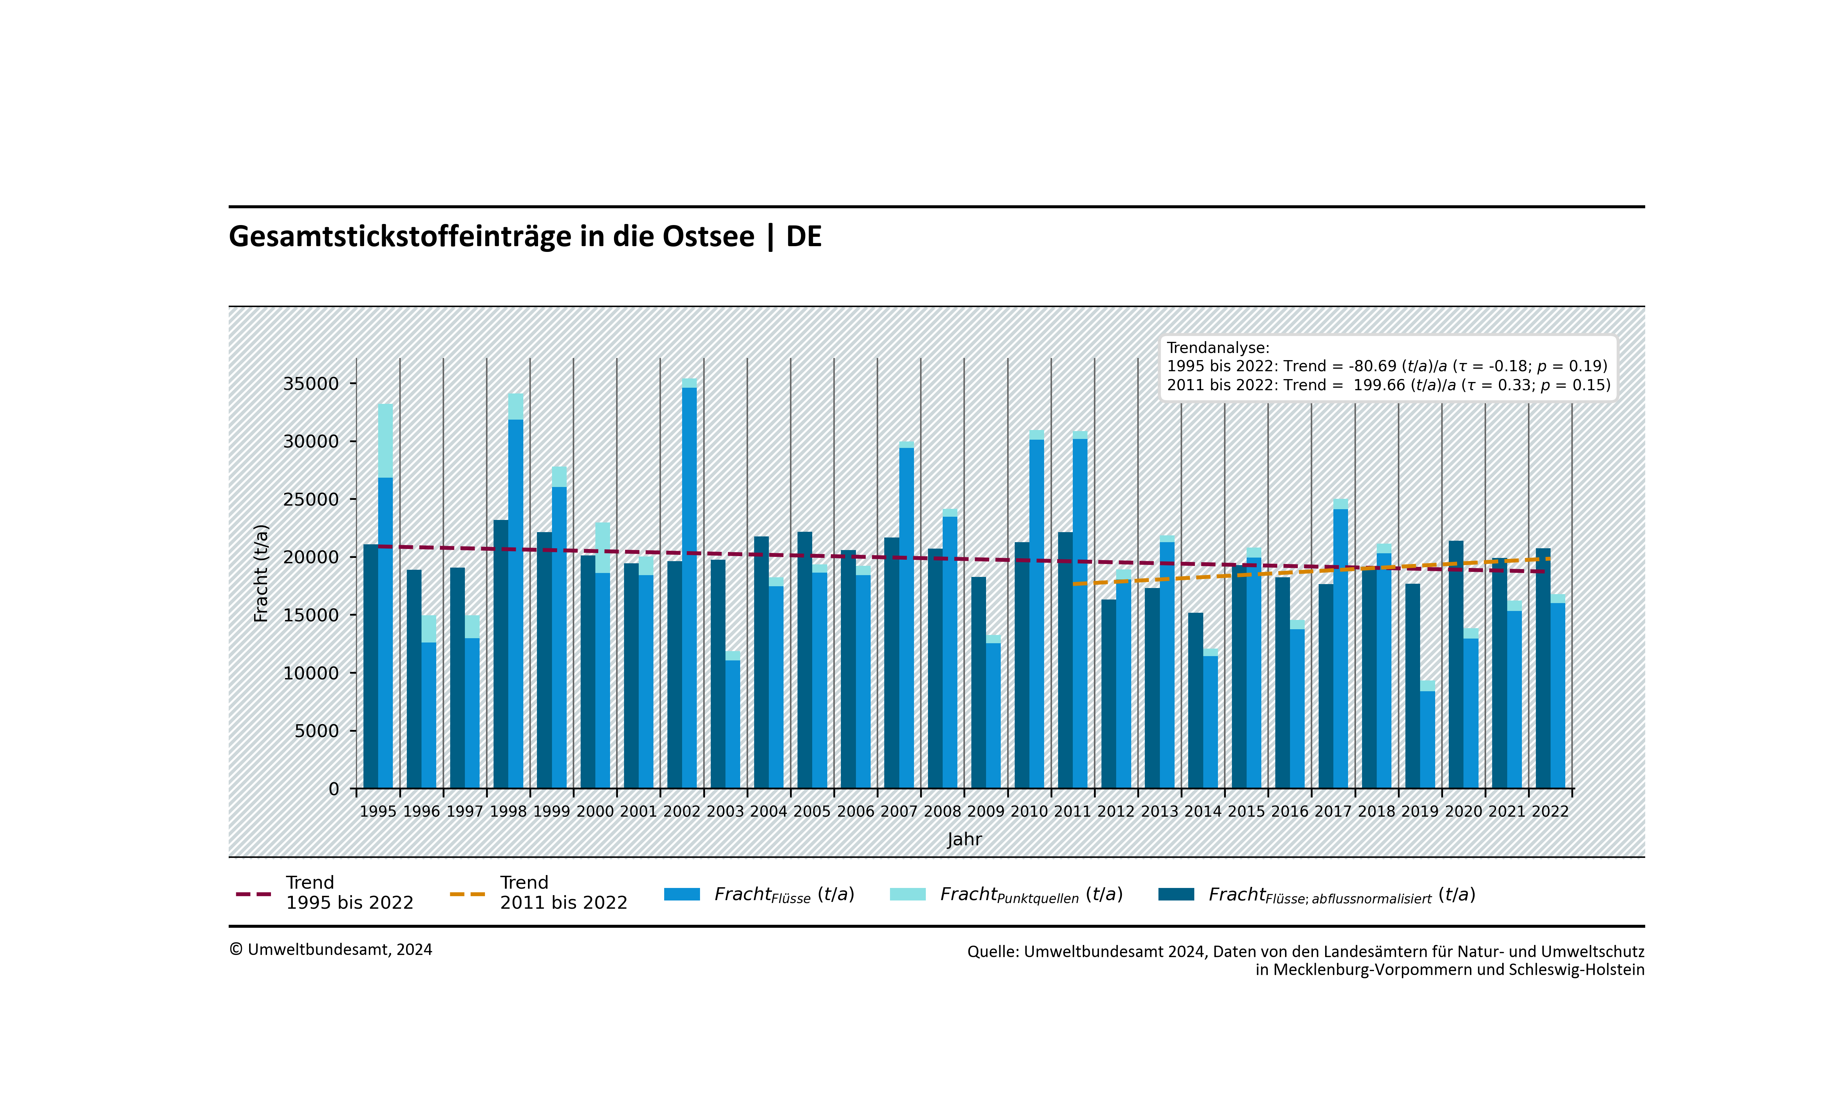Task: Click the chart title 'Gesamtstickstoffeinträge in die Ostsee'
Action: click(x=491, y=236)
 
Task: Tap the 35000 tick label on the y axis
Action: click(x=311, y=383)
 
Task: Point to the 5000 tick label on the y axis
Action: click(x=317, y=731)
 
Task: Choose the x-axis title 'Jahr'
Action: click(x=965, y=839)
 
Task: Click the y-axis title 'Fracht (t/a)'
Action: click(x=261, y=573)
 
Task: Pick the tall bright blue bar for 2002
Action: click(x=689, y=586)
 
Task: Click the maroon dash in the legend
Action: click(x=253, y=894)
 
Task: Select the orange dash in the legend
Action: click(x=467, y=894)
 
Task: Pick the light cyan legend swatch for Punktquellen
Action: click(x=907, y=894)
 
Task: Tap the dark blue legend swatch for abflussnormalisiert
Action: click(x=1176, y=894)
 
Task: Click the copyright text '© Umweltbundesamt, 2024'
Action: click(x=331, y=950)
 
